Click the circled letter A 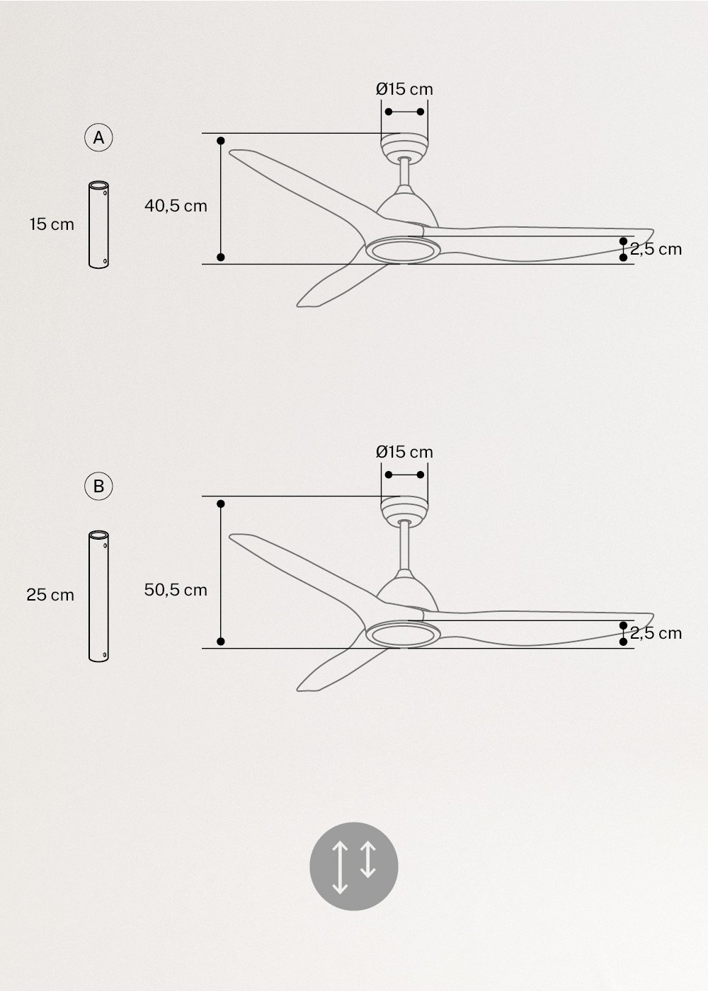pyautogui.click(x=98, y=138)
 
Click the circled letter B pyautogui.click(x=98, y=486)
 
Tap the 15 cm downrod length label pyautogui.click(x=52, y=224)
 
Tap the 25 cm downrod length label pyautogui.click(x=50, y=595)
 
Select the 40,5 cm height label pyautogui.click(x=176, y=206)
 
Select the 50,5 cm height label pyautogui.click(x=176, y=589)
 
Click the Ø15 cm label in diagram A pyautogui.click(x=404, y=89)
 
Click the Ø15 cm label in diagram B pyautogui.click(x=404, y=451)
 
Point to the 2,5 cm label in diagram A pyautogui.click(x=656, y=249)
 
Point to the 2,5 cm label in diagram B pyautogui.click(x=656, y=633)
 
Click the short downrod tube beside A pyautogui.click(x=98, y=224)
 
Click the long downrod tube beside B pyautogui.click(x=98, y=596)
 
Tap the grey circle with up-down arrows pyautogui.click(x=354, y=867)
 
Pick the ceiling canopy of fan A pyautogui.click(x=404, y=146)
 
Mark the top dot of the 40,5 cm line pyautogui.click(x=221, y=141)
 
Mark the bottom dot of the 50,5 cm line pyautogui.click(x=221, y=642)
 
